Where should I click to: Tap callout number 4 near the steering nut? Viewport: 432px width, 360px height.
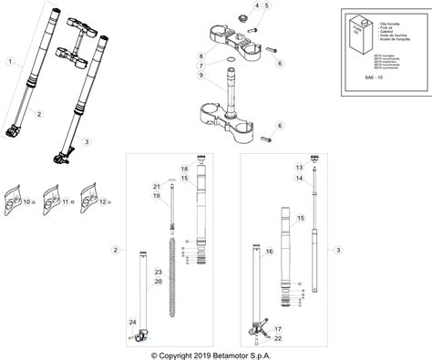click(x=257, y=6)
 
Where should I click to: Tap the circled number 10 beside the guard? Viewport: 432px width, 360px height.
click(x=27, y=201)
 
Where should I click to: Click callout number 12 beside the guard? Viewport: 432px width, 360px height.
click(x=102, y=201)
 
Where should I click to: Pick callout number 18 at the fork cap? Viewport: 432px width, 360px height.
click(x=184, y=170)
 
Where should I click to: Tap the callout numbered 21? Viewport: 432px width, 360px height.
click(x=157, y=186)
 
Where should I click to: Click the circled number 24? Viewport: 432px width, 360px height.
click(x=132, y=323)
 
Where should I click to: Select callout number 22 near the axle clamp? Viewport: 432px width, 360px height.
click(x=279, y=338)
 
